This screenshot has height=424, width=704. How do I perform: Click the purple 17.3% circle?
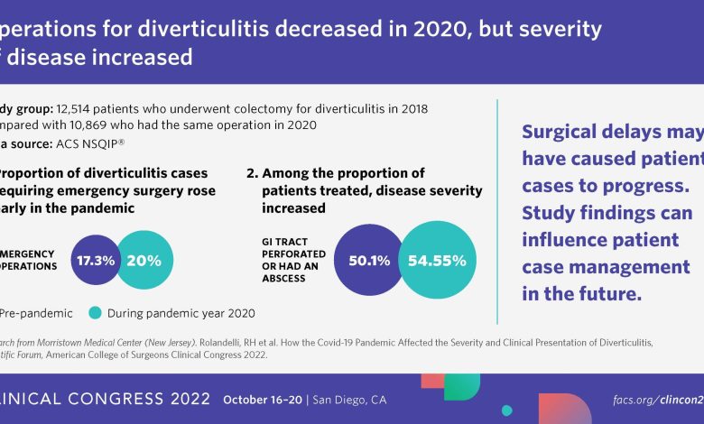click(x=96, y=261)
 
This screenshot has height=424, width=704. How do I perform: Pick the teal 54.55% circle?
click(x=437, y=261)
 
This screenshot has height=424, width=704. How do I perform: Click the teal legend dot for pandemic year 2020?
click(x=96, y=313)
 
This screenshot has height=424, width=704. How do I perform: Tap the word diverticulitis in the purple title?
click(x=142, y=30)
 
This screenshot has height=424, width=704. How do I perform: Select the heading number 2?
click(x=252, y=173)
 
